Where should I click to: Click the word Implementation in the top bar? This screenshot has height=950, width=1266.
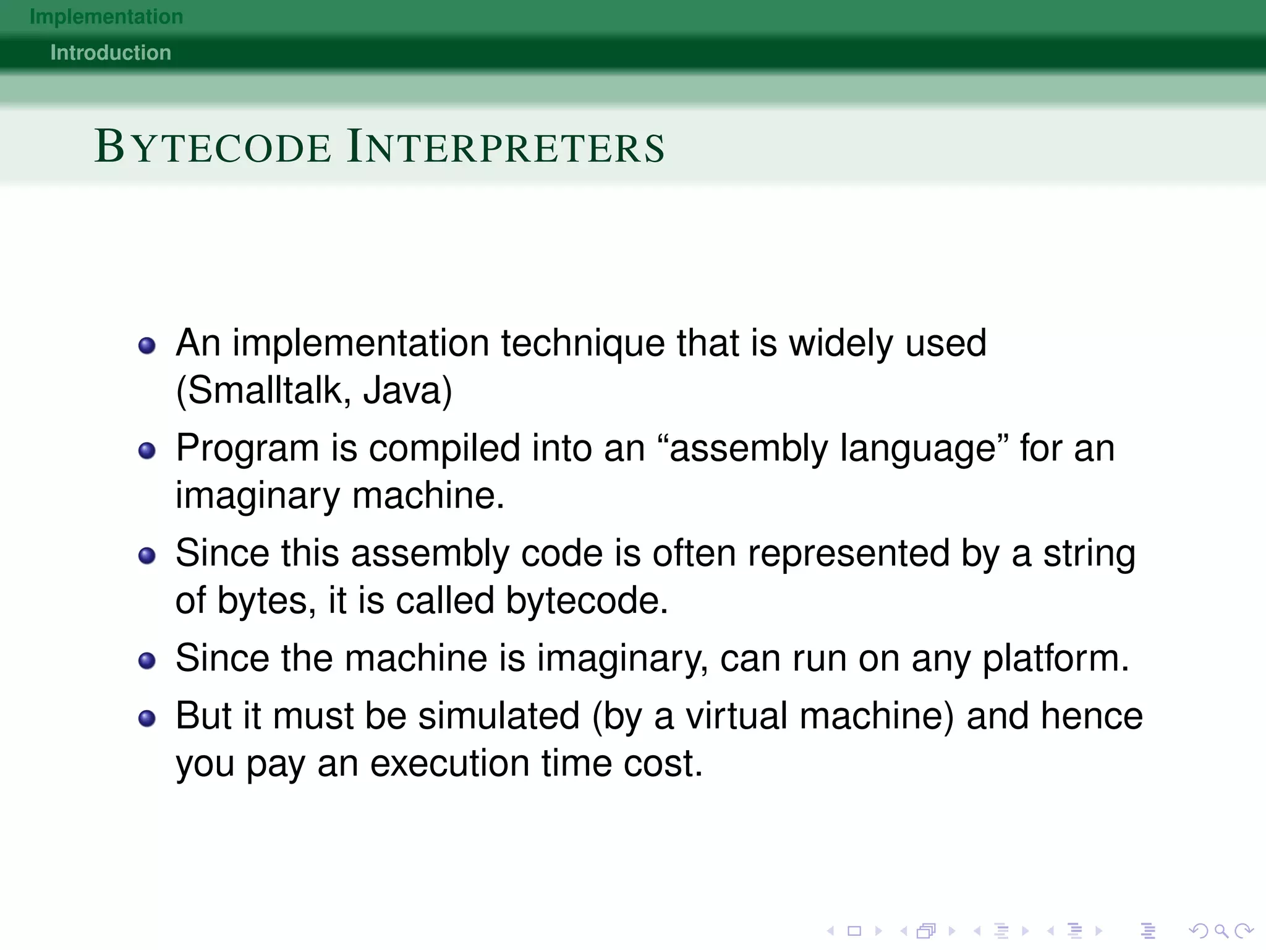[x=106, y=17]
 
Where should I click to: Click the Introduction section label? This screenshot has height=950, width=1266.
[x=111, y=53]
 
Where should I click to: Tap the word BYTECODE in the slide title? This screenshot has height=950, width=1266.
[x=213, y=147]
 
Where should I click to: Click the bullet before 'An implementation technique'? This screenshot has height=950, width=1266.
[x=147, y=345]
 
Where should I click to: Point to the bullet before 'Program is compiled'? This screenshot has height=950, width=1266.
[x=147, y=450]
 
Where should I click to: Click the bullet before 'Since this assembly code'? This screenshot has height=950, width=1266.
[x=147, y=555]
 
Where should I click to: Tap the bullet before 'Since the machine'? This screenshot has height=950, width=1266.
[x=147, y=661]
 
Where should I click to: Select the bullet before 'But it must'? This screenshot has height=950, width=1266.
[x=147, y=718]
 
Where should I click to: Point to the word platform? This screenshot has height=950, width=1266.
[x=1055, y=659]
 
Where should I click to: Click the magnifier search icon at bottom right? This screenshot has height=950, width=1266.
[x=1221, y=931]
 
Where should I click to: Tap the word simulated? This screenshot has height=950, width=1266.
[x=499, y=716]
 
